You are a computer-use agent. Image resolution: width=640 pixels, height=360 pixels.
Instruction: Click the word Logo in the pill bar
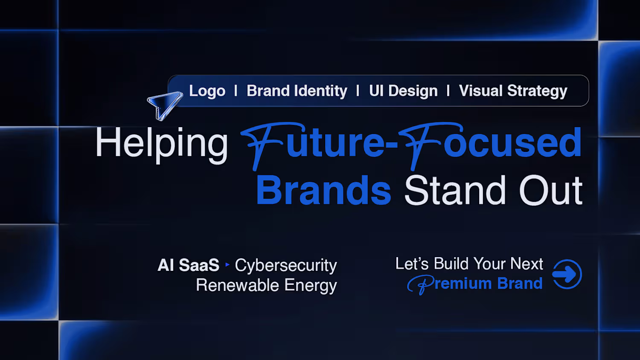click(207, 91)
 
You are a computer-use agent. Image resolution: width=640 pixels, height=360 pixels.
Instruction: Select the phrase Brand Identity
click(297, 91)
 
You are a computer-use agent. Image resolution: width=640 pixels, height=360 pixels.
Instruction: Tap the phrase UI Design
click(404, 91)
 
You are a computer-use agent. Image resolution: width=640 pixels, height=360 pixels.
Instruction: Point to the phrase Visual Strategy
click(513, 91)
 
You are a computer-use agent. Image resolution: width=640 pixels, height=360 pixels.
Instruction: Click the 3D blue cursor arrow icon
click(164, 105)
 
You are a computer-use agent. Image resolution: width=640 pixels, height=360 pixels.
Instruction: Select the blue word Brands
click(324, 190)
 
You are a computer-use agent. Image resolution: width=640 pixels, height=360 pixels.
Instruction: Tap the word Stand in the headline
click(455, 190)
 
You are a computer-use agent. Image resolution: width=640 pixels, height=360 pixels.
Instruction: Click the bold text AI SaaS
click(189, 265)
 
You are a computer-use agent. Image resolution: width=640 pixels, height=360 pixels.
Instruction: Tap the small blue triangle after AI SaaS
click(227, 264)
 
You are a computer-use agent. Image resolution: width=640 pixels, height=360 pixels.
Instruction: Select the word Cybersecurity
click(286, 266)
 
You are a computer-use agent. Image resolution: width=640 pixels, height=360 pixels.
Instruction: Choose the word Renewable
click(237, 285)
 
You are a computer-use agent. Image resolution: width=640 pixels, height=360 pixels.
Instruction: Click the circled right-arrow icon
click(567, 274)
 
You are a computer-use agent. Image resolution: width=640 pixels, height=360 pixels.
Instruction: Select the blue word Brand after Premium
click(520, 283)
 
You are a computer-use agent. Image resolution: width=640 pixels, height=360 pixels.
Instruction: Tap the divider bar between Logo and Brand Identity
click(236, 91)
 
